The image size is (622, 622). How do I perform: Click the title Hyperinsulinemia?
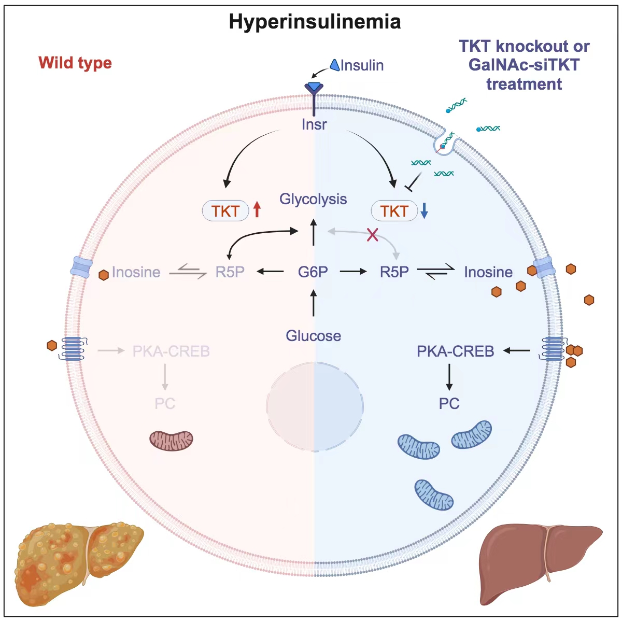pos(315,22)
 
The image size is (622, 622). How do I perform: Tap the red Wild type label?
pos(75,63)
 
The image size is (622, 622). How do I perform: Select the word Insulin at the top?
pos(362,65)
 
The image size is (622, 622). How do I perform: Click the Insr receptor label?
pos(314,124)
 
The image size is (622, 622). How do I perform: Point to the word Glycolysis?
pos(313,199)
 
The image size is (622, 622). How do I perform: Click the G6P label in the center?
pos(313,272)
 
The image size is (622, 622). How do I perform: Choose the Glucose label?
pos(314,336)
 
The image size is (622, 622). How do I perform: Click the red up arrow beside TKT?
pos(257,210)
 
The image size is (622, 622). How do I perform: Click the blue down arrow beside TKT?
pos(424,210)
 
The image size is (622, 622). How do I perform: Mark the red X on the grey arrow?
pos(372,235)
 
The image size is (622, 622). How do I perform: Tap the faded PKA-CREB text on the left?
pos(171,351)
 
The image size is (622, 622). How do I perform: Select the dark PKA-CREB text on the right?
pos(455,351)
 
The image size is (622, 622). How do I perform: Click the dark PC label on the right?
pos(449,403)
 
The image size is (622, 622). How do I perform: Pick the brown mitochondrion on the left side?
pos(172,440)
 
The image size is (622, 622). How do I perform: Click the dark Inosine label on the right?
pos(488,272)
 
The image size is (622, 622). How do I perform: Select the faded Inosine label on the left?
pos(136,272)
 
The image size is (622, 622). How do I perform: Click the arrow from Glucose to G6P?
pos(313,304)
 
